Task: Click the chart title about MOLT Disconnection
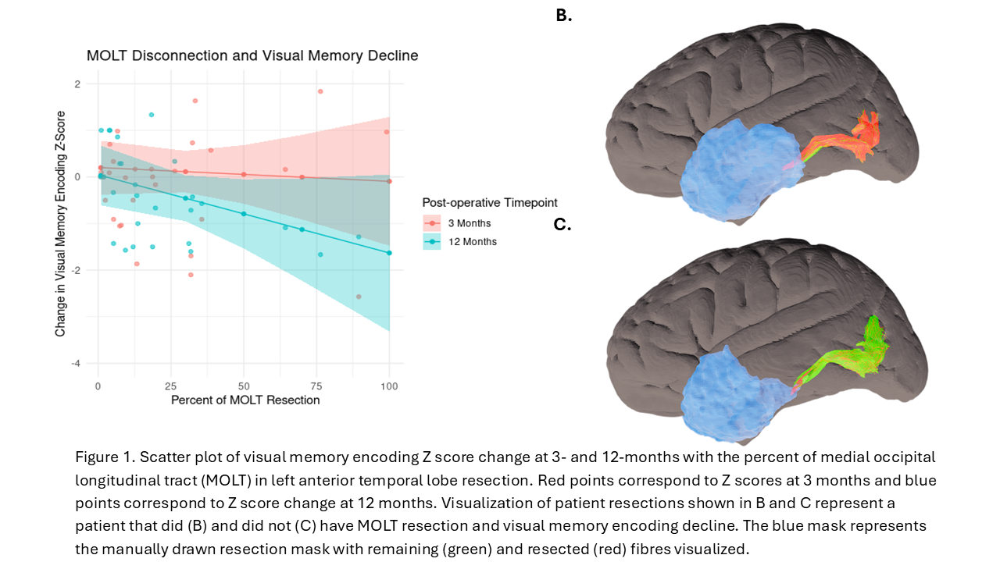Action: click(252, 56)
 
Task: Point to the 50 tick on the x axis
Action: click(244, 386)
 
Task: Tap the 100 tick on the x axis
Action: click(389, 386)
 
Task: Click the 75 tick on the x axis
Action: click(316, 386)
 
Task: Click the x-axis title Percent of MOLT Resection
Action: click(245, 400)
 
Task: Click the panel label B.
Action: click(563, 15)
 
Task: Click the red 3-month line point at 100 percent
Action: click(389, 181)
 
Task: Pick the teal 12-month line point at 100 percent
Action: click(389, 253)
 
